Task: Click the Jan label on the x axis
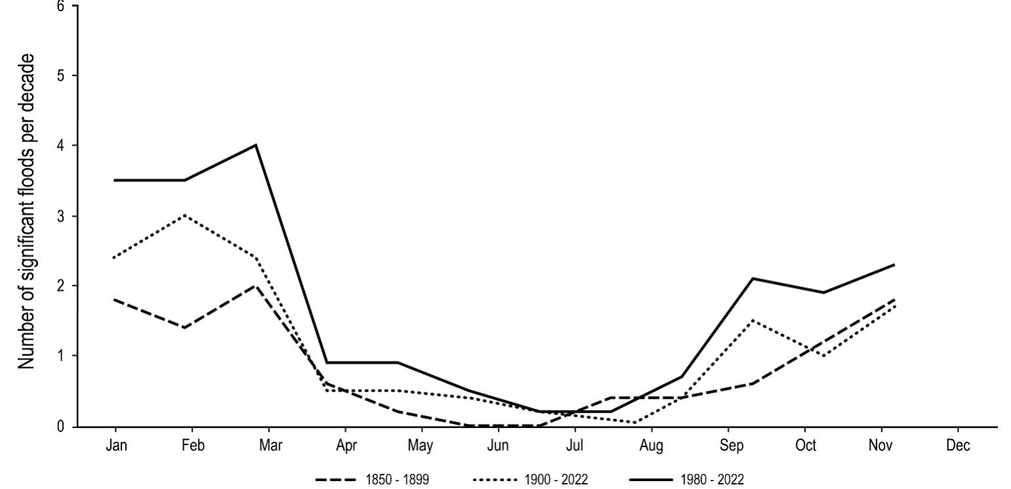(115, 446)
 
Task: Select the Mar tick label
(269, 446)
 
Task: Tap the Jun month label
(498, 446)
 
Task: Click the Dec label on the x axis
(958, 446)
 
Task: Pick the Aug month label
(651, 446)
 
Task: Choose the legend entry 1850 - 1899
(372, 480)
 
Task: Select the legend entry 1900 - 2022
(530, 480)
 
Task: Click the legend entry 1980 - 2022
(687, 480)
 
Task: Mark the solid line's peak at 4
(256, 145)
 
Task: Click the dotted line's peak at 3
(186, 215)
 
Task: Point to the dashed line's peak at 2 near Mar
(256, 286)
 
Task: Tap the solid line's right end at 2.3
(894, 265)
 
